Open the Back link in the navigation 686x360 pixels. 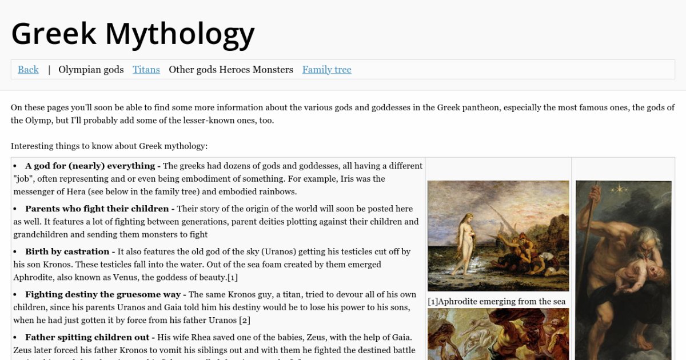pyautogui.click(x=28, y=70)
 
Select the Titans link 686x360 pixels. pyautogui.click(x=146, y=70)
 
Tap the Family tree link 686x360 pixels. pyautogui.click(x=326, y=70)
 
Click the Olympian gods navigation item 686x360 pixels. pyautogui.click(x=91, y=70)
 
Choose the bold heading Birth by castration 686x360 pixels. pyautogui.click(x=67, y=251)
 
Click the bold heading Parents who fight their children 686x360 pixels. pyautogui.click(x=97, y=209)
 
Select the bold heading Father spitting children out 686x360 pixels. pyautogui.click(x=90, y=337)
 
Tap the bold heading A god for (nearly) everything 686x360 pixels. pyautogui.click(x=90, y=166)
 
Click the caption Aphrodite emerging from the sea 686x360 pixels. pyautogui.click(x=496, y=301)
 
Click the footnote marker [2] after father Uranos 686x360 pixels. pyautogui.click(x=244, y=320)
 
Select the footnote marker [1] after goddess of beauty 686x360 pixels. pyautogui.click(x=232, y=277)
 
